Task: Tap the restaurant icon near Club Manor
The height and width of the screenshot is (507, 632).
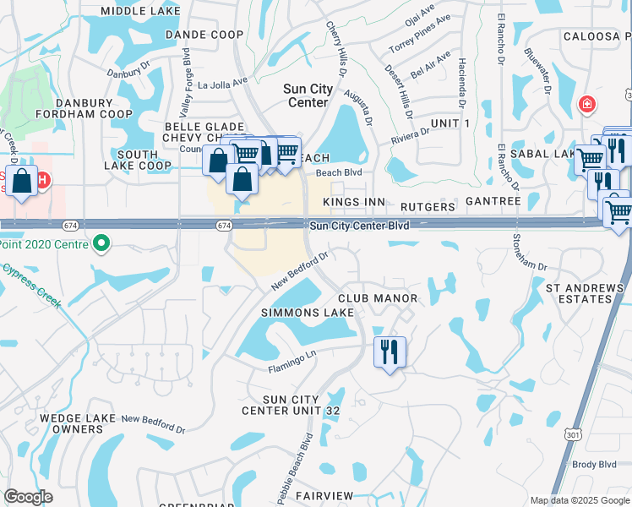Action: click(x=390, y=351)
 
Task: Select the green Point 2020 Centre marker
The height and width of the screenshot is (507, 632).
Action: click(x=102, y=244)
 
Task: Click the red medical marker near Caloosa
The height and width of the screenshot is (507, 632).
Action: click(x=585, y=104)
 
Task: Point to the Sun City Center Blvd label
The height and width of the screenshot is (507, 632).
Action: click(x=359, y=226)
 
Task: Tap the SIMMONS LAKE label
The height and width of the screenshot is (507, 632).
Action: click(x=295, y=313)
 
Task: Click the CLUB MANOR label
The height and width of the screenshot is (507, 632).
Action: click(x=378, y=298)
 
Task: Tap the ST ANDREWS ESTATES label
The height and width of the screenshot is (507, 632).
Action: click(x=585, y=293)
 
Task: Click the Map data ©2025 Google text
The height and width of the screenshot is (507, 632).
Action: click(x=578, y=500)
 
